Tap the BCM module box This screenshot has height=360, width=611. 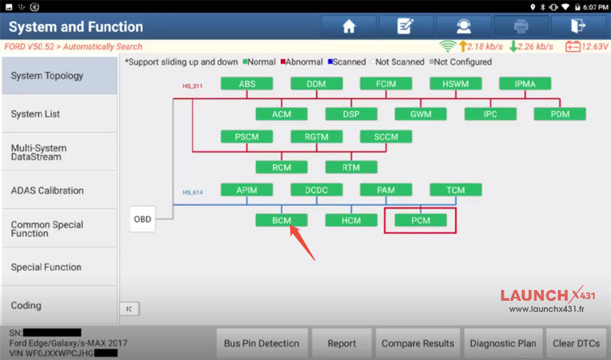(x=281, y=220)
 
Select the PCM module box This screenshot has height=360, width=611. (x=420, y=220)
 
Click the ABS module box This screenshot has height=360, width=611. (x=246, y=84)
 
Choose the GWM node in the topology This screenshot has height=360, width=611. (x=420, y=114)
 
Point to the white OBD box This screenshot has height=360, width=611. (x=143, y=219)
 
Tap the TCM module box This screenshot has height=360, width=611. (x=456, y=190)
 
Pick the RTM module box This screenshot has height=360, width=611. (x=351, y=167)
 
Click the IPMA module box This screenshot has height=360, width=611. (x=525, y=84)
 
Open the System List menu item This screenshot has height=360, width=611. (x=59, y=114)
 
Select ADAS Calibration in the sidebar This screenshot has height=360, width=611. (x=59, y=190)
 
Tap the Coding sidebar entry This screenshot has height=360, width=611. (x=59, y=305)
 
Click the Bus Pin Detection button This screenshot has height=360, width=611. (x=262, y=343)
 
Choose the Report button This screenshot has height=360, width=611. (x=341, y=343)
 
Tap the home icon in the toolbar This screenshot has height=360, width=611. (x=349, y=26)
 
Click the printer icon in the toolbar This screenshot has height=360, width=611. (x=521, y=26)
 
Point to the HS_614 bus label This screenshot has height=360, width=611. (x=193, y=192)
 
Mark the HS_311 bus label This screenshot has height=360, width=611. (x=193, y=86)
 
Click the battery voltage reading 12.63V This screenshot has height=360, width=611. (x=595, y=47)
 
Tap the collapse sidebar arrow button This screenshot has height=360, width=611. (x=130, y=309)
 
